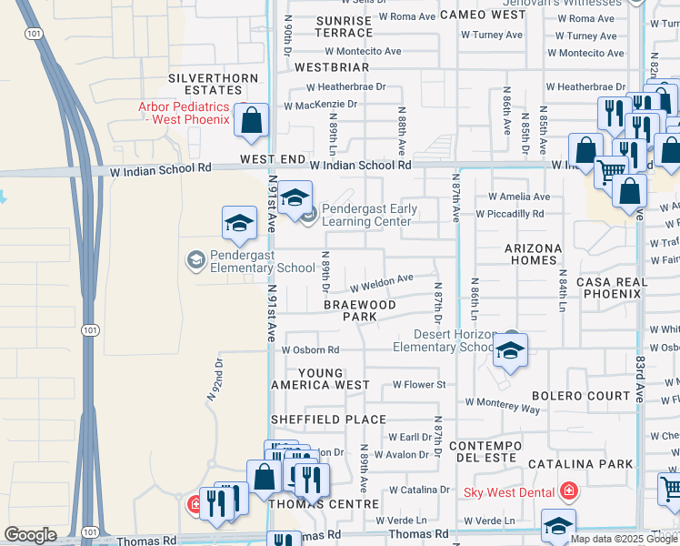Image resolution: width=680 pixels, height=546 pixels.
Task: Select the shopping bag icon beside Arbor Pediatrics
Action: click(251, 120)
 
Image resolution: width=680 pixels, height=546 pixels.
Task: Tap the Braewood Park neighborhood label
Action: click(360, 311)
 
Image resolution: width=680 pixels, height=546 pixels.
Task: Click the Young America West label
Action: click(321, 379)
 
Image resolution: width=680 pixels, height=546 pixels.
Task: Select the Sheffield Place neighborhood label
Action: click(328, 420)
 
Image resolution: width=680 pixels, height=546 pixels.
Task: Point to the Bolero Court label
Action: click(581, 396)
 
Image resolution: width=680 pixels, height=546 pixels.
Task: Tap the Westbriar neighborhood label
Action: click(332, 67)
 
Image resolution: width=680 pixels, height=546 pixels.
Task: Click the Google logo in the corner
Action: click(30, 535)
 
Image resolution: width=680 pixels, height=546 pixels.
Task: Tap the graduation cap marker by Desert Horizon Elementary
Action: click(511, 351)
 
